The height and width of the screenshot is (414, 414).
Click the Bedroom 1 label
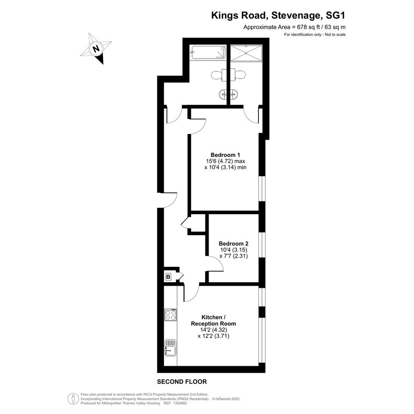225,155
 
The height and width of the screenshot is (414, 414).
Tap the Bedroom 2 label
234,244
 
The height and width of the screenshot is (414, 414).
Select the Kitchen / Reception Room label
213,320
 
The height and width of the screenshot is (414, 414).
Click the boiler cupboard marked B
168,277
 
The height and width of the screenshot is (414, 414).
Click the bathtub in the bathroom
209,52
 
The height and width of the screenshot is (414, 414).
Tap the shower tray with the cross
246,53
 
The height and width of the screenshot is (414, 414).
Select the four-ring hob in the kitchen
170,315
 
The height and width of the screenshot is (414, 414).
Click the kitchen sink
170,347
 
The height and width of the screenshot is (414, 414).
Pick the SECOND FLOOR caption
182,382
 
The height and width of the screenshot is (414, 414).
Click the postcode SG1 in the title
336,16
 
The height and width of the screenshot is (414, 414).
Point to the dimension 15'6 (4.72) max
226,161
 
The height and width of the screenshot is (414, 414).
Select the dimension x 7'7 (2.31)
234,256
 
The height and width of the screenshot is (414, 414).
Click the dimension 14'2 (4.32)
214,330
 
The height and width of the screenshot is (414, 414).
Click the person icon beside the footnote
71,398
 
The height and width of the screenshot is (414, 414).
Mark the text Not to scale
335,35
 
